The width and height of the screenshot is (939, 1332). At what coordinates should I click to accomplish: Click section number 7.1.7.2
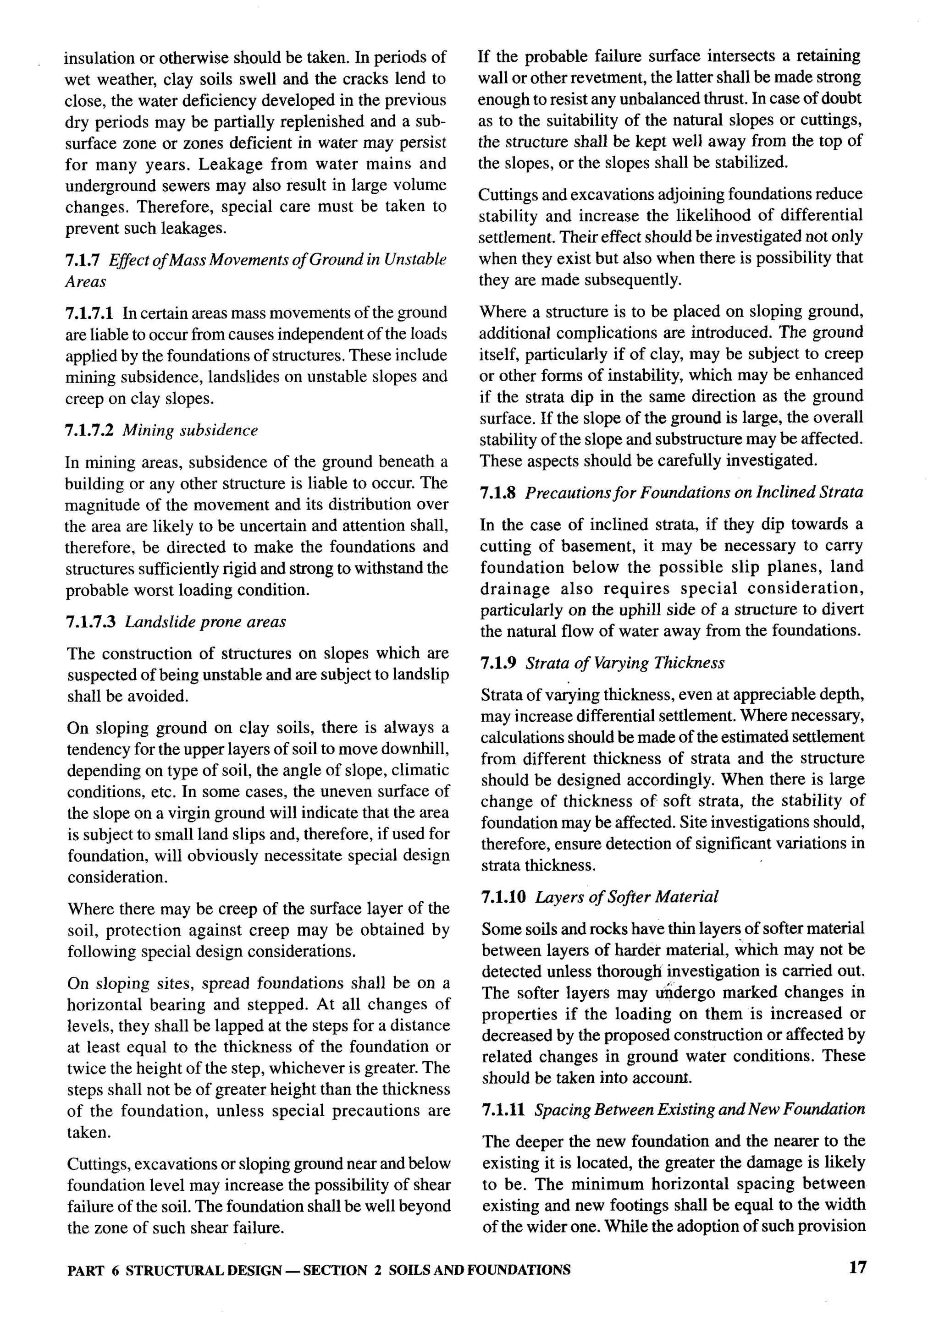click(x=89, y=430)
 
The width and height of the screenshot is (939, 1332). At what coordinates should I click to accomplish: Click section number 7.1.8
click(x=498, y=493)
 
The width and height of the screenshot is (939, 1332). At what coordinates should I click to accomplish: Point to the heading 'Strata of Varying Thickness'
click(x=625, y=663)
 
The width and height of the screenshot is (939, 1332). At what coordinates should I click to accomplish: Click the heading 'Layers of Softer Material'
click(x=626, y=897)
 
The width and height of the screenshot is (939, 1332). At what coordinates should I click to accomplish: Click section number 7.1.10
click(x=503, y=897)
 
